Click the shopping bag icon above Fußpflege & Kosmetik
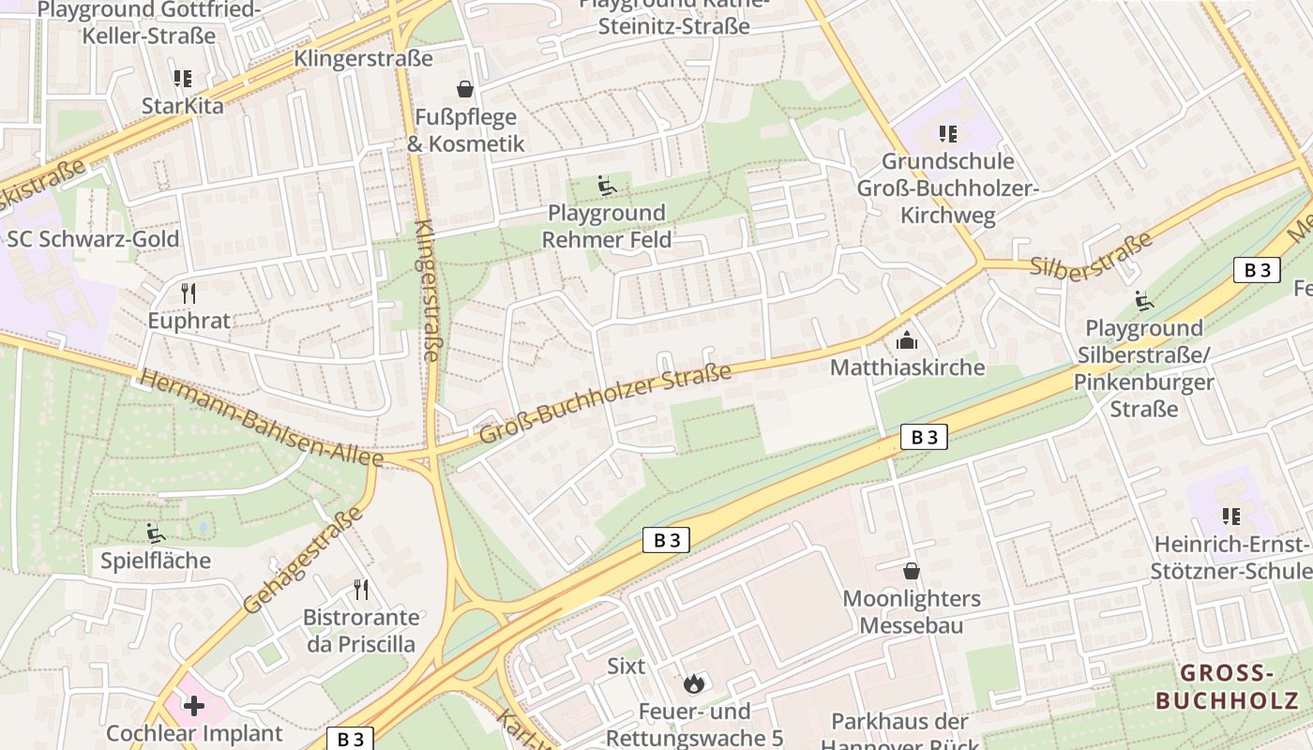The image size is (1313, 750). (x=464, y=90)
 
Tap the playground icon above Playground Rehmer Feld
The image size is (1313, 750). (x=607, y=187)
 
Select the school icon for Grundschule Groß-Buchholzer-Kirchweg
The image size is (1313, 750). (x=947, y=134)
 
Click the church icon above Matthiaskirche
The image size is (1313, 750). (x=906, y=339)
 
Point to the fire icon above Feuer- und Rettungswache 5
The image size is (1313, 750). (x=694, y=683)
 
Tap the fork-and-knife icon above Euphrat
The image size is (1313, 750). (x=189, y=293)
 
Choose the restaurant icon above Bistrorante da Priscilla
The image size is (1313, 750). (x=361, y=590)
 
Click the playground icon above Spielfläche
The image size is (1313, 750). (x=156, y=533)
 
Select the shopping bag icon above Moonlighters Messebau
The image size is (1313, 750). (x=911, y=571)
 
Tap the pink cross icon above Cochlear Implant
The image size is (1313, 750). (x=194, y=705)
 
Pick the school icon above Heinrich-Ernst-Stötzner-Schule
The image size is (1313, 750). (x=1231, y=517)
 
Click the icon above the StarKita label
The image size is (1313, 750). (x=182, y=79)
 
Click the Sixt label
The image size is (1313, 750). (x=626, y=667)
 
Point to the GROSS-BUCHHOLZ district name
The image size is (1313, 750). (x=1227, y=686)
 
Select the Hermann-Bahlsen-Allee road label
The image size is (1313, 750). (x=261, y=418)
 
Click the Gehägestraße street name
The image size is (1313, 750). (x=302, y=561)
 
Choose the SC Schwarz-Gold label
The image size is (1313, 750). (x=93, y=239)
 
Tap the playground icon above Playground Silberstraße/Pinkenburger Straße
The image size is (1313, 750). (x=1144, y=301)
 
